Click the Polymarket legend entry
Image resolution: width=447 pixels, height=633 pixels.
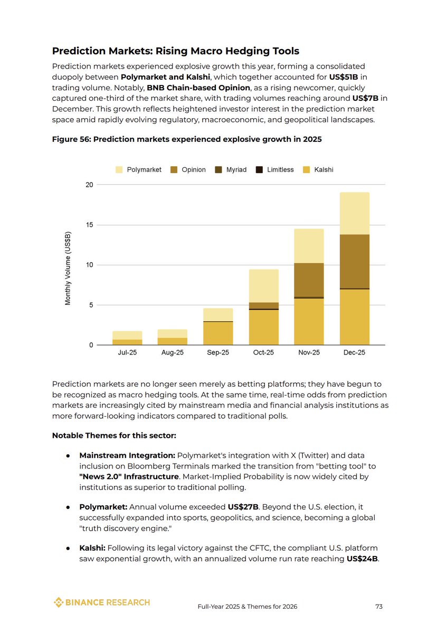(138, 169)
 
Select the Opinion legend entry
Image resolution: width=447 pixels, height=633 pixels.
(187, 169)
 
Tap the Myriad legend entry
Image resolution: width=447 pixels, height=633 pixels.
(231, 169)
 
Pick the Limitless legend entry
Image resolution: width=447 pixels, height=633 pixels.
(274, 169)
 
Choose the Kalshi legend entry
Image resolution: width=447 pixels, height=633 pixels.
(318, 169)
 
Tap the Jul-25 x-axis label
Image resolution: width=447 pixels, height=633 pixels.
(127, 352)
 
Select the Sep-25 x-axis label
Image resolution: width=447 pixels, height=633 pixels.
(218, 352)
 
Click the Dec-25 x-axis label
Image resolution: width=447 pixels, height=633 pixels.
(354, 352)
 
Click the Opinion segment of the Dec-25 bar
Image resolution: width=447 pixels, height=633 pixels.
(354, 261)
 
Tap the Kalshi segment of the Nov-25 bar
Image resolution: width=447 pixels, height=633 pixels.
(309, 322)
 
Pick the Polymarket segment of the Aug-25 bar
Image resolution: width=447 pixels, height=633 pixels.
(173, 333)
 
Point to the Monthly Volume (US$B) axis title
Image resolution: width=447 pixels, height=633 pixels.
(68, 269)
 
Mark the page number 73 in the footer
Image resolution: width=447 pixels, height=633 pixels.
(378, 607)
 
